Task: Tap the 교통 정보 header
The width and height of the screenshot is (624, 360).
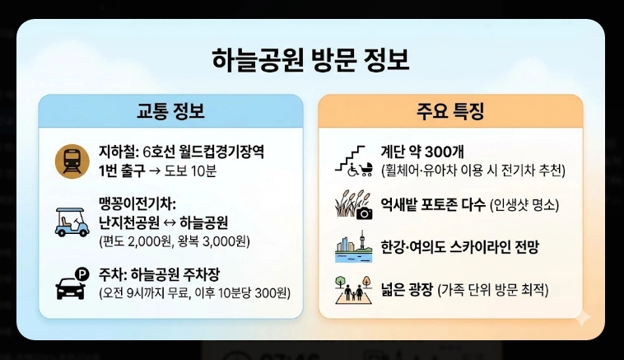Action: pyautogui.click(x=170, y=111)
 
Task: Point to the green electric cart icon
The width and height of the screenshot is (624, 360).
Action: pyautogui.click(x=72, y=221)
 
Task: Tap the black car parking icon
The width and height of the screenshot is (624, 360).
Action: pyautogui.click(x=72, y=283)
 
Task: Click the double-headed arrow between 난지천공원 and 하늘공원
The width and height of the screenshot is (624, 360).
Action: pyautogui.click(x=174, y=222)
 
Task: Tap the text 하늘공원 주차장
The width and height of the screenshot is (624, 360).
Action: pyautogui.click(x=184, y=274)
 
